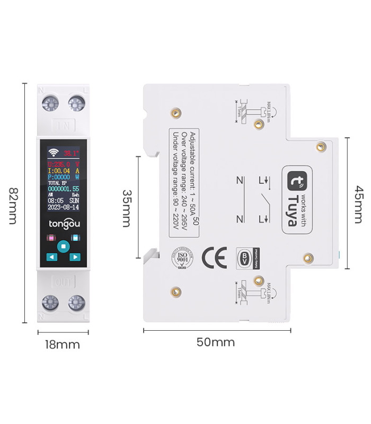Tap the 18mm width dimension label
click(x=62, y=345)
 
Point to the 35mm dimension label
click(x=127, y=208)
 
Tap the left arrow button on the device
click(x=51, y=257)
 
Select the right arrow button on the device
click(x=75, y=257)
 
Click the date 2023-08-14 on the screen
click(x=63, y=208)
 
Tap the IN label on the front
click(x=63, y=126)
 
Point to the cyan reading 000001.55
click(x=63, y=189)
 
